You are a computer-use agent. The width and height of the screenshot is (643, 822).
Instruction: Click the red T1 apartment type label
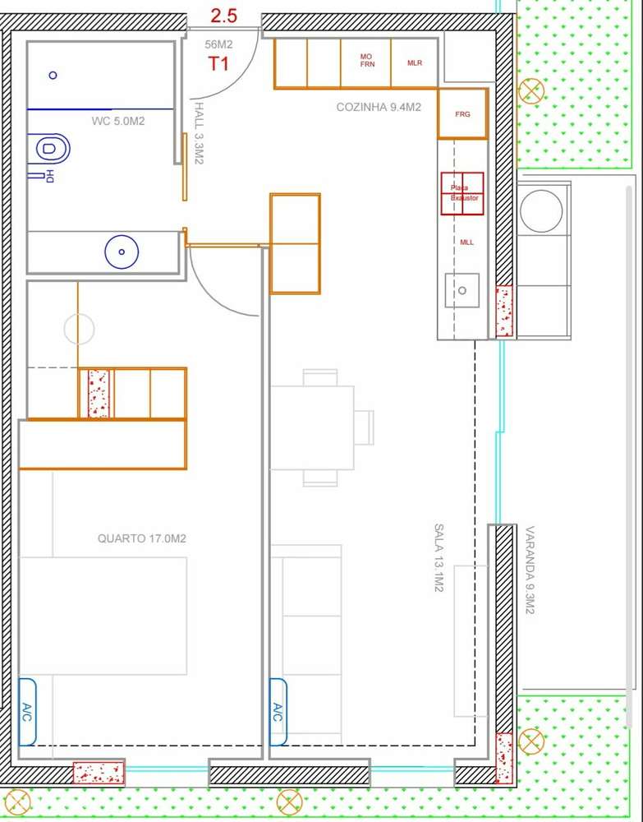point(218,64)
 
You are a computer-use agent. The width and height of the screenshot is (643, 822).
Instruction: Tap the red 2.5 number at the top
point(224,16)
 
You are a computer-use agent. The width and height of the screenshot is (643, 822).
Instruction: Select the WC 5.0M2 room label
point(118,122)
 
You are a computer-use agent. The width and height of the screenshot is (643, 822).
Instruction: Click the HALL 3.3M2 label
point(199,133)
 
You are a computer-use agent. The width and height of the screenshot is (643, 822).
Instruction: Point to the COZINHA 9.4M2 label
point(379,108)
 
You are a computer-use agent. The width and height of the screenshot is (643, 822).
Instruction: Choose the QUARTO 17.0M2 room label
point(141,539)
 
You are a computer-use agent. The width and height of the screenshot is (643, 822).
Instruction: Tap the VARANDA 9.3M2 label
point(530,570)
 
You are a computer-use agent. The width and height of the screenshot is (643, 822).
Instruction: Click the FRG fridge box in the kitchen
point(462,114)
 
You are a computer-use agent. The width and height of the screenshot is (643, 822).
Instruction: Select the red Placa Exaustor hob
point(462,194)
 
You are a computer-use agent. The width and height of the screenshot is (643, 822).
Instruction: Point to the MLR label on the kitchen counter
point(415,63)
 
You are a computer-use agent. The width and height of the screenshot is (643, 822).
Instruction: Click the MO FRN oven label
point(366,60)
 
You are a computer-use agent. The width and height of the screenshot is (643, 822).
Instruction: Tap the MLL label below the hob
point(466,242)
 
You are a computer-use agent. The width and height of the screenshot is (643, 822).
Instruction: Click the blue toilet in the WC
point(51,150)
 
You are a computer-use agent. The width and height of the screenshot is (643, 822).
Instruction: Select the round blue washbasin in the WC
point(122,252)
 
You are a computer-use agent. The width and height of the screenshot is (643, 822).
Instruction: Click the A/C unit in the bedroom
point(27,711)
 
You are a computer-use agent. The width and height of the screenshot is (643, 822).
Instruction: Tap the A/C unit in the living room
point(278,712)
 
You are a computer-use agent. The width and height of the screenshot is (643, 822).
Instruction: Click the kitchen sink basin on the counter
point(462,290)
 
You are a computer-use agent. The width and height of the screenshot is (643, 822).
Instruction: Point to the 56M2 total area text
point(218,44)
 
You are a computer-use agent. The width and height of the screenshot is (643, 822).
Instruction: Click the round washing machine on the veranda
point(541,211)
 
